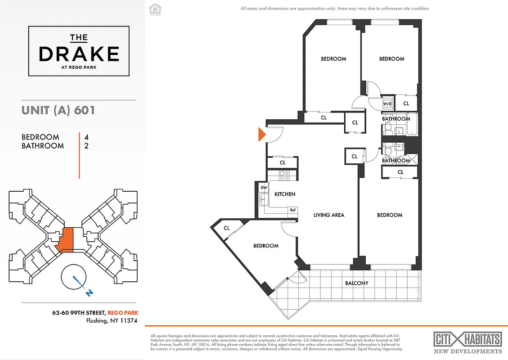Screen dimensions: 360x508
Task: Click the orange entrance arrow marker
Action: pos(261,135)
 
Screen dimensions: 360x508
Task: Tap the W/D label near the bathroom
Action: pos(387,104)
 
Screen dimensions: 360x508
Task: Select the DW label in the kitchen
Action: pos(263,188)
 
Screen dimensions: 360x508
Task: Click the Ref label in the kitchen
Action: pos(292,210)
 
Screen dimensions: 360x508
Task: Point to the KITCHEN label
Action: pos(285,194)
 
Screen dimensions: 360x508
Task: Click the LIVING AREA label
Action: pos(328,215)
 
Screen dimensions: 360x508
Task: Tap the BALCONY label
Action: pos(357,283)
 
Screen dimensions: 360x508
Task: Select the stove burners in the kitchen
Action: pos(284,175)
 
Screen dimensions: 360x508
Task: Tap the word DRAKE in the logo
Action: pos(79,54)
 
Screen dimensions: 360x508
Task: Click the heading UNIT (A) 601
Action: pos(58,110)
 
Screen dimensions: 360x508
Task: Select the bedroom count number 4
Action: pos(86,137)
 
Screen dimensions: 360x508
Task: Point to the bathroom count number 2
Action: pos(86,146)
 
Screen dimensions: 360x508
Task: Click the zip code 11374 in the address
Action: pos(128,321)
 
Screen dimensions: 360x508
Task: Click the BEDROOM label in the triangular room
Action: pos(265,246)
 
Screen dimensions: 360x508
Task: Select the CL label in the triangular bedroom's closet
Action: pos(227,228)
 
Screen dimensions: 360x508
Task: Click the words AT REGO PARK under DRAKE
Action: pos(79,68)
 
